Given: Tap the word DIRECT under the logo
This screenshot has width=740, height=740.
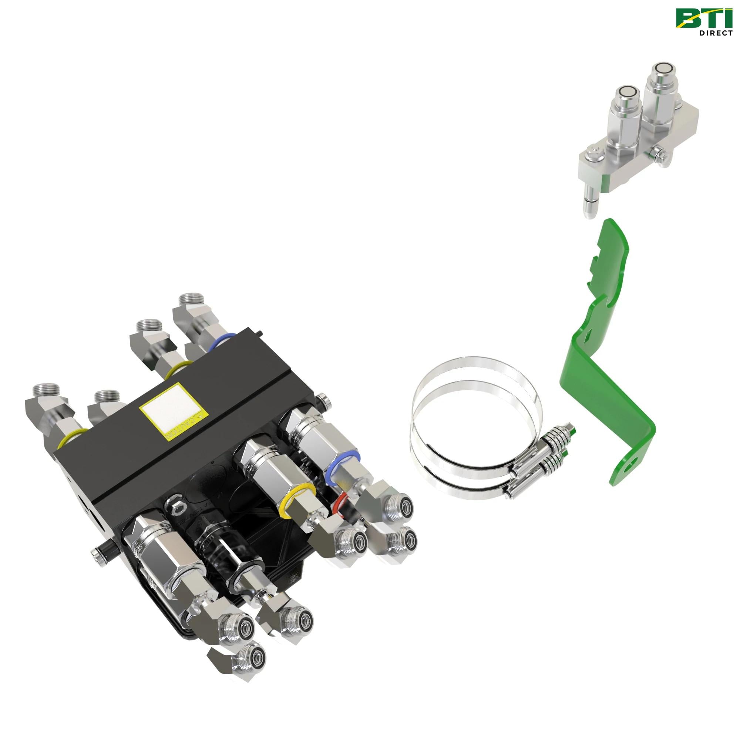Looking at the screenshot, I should pyautogui.click(x=712, y=33).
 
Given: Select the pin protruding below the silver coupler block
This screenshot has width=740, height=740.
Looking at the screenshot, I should pyautogui.click(x=588, y=203).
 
